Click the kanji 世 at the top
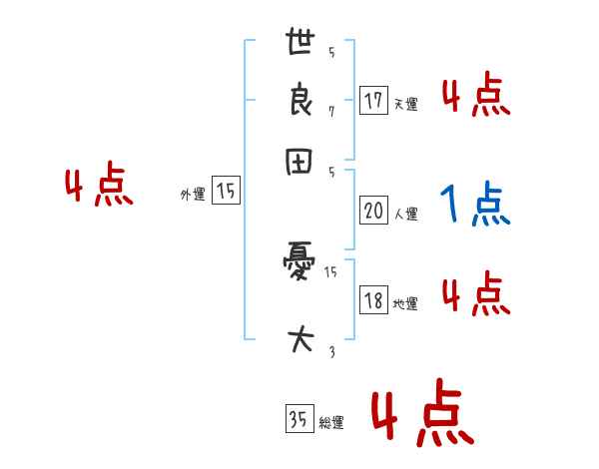coord(299,43)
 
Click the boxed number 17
coord(374,101)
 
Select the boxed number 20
coord(374,212)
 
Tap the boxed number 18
coord(374,301)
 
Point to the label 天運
coord(405,104)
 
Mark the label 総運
coord(331,423)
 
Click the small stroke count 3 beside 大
coord(331,351)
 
